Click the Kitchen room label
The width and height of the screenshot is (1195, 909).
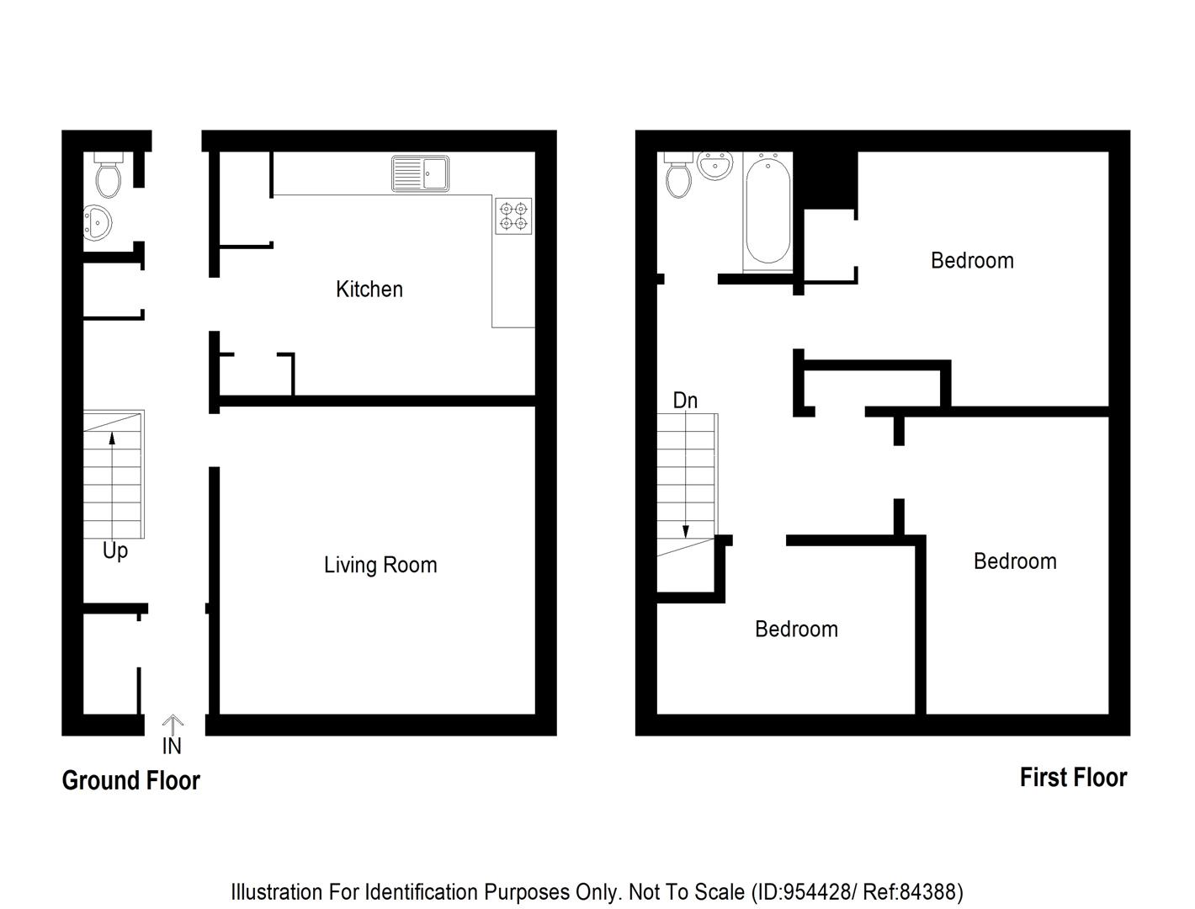[369, 290]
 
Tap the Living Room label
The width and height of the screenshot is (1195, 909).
[380, 565]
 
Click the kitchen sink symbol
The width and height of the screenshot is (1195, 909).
[420, 174]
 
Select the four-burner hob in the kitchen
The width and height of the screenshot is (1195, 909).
[513, 215]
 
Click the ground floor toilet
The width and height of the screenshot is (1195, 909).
[109, 174]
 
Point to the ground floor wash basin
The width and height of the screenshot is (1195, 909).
[97, 223]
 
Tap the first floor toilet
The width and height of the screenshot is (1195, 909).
[677, 175]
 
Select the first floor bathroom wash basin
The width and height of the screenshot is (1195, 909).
[715, 165]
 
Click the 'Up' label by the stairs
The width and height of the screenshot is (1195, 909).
[115, 550]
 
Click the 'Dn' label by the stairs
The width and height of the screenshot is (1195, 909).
[685, 401]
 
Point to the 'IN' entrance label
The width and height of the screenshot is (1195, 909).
[172, 746]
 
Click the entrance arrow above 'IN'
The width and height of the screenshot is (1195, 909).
[173, 723]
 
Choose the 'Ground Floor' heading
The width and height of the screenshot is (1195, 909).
[131, 780]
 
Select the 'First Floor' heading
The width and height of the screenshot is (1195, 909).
[1073, 777]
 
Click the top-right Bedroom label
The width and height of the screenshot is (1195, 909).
[972, 260]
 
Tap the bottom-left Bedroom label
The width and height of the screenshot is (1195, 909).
[796, 629]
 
